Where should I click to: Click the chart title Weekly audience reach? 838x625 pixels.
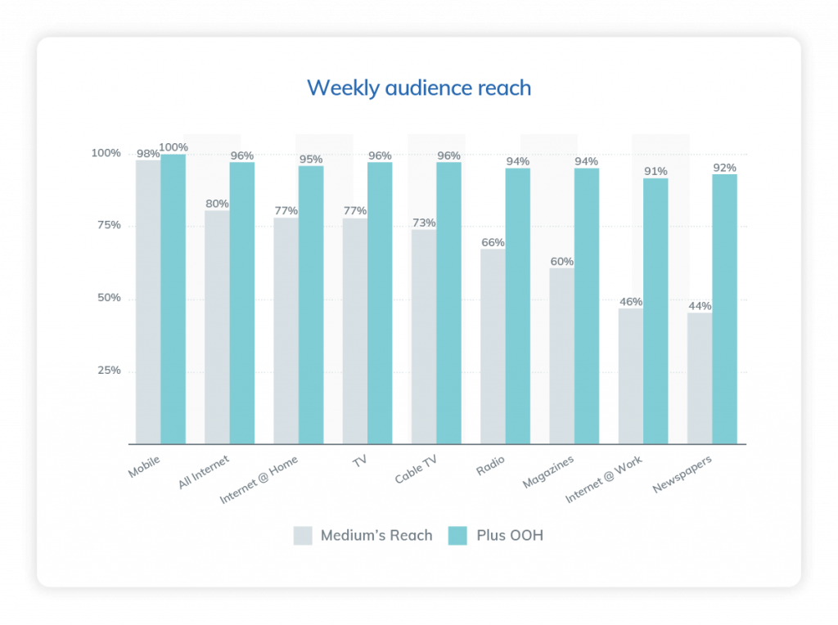419,88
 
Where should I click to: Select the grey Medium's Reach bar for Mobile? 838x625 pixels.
148,302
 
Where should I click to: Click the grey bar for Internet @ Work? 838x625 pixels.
630,376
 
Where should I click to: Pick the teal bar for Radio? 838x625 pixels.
517,306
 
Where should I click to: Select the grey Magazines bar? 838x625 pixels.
561,356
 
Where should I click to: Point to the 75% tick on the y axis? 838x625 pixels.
106,225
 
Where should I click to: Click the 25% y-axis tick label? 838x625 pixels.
106,371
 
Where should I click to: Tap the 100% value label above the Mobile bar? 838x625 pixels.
173,147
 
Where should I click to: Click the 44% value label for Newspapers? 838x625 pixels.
700,306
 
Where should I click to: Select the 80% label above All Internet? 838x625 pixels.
217,204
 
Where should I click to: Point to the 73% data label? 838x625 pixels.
424,223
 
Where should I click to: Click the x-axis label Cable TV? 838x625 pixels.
417,471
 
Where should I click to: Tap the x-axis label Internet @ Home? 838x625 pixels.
259,480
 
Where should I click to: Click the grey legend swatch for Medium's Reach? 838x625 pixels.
303,536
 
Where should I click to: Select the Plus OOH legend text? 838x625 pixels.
510,536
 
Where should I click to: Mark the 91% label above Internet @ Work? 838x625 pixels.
656,171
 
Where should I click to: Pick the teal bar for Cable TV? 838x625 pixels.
448,303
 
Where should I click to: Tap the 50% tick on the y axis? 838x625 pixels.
106,298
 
